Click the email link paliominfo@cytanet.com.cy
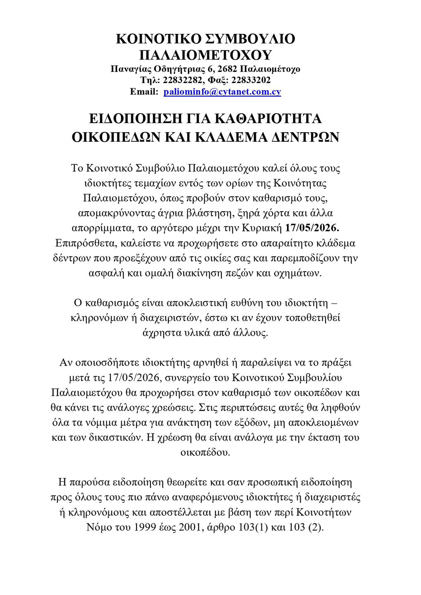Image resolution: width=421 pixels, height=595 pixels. [x=222, y=91]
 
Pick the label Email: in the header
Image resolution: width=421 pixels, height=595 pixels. [x=144, y=91]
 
